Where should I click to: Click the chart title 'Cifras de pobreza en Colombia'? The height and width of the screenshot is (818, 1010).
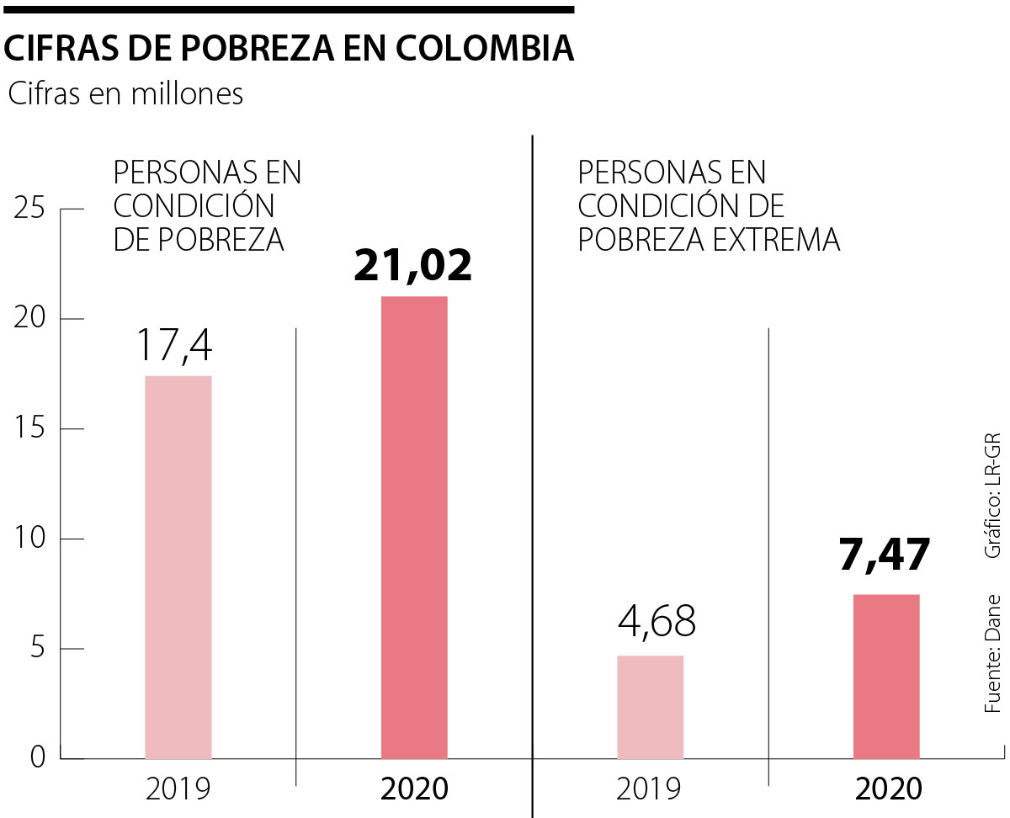(x=289, y=49)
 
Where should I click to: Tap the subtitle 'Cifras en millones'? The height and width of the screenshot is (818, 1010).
(x=125, y=94)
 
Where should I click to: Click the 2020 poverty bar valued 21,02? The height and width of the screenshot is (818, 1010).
(x=414, y=527)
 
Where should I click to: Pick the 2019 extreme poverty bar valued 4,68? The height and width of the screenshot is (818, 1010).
(x=650, y=706)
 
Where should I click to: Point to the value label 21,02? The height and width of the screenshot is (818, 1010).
(x=412, y=265)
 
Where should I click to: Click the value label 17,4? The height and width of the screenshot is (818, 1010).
(x=177, y=346)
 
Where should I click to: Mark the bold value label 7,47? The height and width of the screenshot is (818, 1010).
(x=885, y=556)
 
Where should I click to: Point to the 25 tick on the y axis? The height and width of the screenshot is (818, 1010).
(x=30, y=209)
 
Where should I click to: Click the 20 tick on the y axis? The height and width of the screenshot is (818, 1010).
(x=30, y=319)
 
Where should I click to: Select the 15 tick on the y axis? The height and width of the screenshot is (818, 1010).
(x=30, y=428)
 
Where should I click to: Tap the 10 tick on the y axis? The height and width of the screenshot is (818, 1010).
(x=30, y=539)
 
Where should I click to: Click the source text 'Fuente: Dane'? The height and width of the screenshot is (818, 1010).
(x=993, y=655)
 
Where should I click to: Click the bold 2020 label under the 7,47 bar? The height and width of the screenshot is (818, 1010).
(x=888, y=789)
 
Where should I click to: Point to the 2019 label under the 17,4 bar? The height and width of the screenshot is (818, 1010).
(x=178, y=789)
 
